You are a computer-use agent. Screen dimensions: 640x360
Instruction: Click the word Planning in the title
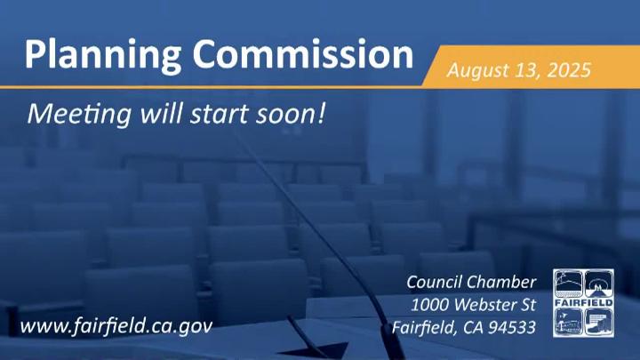point(102,56)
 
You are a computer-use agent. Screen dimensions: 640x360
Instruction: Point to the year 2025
point(569,70)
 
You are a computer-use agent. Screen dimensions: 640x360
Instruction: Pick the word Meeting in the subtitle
point(79,115)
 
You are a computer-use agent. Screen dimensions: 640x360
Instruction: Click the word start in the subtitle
point(220,115)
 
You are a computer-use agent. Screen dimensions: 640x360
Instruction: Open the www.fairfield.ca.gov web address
point(116,326)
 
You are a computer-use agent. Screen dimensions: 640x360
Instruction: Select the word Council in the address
point(435,282)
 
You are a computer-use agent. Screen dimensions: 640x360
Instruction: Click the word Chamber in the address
point(501,282)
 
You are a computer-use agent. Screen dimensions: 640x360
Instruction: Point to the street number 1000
point(430,305)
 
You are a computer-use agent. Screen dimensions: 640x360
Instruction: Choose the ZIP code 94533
point(512,327)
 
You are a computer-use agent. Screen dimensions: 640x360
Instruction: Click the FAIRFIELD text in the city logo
point(584,303)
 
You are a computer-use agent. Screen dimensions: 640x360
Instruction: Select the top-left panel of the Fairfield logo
point(568,284)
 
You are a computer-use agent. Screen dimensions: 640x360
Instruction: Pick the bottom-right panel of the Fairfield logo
point(599,322)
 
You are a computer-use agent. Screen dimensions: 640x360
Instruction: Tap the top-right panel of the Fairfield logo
point(599,284)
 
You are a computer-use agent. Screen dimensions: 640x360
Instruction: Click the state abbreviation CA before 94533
point(474,327)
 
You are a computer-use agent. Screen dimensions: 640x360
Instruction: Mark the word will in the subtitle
point(161,114)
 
